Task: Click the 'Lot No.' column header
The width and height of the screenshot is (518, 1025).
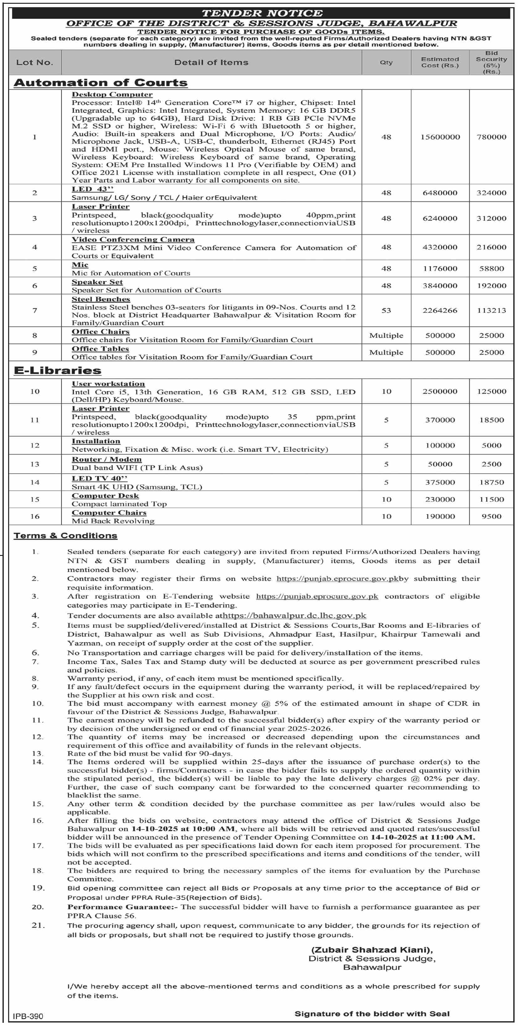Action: click(34, 62)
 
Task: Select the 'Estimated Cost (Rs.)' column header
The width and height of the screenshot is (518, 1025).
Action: click(440, 62)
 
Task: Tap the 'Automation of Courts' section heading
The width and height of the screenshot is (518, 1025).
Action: click(101, 83)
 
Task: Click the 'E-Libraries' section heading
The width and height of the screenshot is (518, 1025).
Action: click(58, 370)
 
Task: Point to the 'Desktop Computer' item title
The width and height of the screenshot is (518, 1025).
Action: click(112, 95)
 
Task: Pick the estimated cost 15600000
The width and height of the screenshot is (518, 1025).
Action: click(440, 137)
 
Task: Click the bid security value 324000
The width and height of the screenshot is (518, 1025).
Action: click(491, 193)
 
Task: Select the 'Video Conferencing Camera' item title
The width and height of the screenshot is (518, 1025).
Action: click(133, 239)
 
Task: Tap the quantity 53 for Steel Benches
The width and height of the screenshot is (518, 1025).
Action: click(386, 310)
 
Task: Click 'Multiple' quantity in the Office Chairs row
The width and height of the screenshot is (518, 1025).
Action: click(386, 335)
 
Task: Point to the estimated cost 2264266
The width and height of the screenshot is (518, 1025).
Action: click(440, 310)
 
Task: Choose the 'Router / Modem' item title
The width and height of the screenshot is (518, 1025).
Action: click(106, 459)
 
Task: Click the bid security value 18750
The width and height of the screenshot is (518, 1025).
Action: click(491, 482)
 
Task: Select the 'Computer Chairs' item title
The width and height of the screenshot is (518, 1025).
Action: click(109, 513)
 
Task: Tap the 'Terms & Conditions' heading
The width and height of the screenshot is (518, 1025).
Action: click(65, 536)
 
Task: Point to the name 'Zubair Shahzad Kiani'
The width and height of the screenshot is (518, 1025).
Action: click(372, 950)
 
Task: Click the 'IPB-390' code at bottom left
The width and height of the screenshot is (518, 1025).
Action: click(28, 1016)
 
